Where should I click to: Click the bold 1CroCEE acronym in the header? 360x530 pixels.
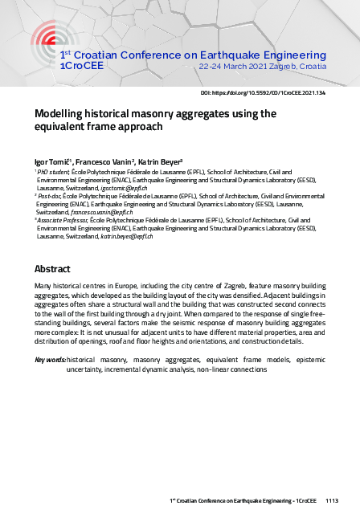click(x=80, y=66)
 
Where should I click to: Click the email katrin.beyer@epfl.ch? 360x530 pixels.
click(x=125, y=237)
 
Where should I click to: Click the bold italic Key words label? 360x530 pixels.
click(x=49, y=360)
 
